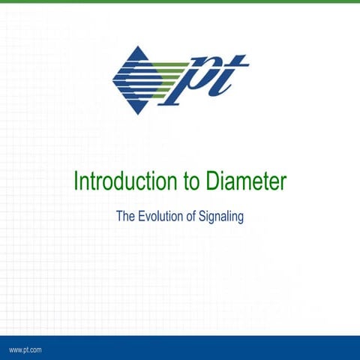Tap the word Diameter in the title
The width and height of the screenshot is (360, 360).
click(x=244, y=181)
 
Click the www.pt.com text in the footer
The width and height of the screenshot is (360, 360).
click(x=25, y=350)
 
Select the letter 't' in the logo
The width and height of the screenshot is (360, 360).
click(x=232, y=75)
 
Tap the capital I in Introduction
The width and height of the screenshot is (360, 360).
click(x=75, y=181)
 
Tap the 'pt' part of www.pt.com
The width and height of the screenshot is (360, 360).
click(x=27, y=350)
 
